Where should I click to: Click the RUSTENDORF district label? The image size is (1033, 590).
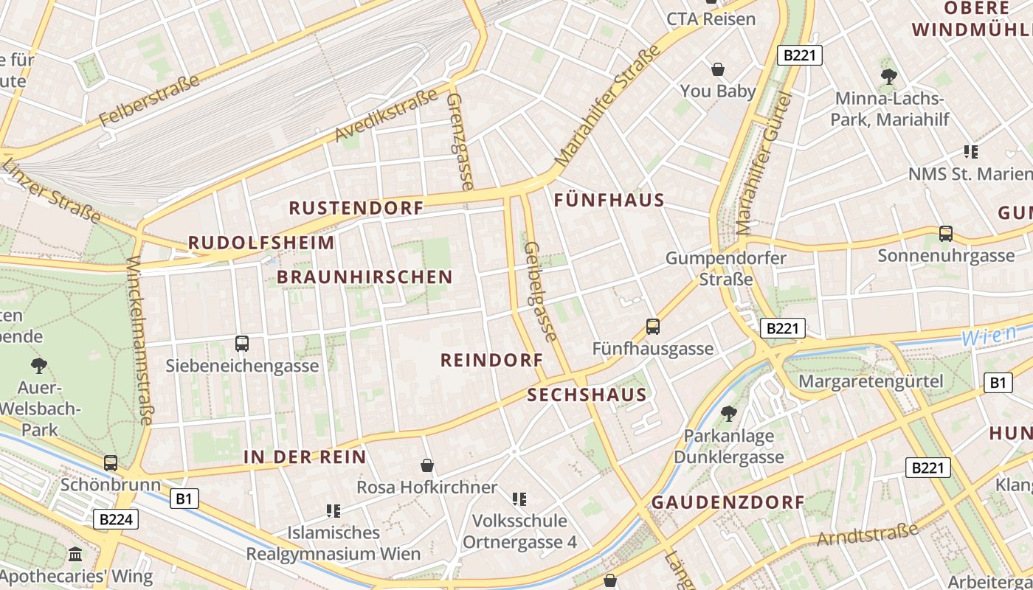pos(356,208)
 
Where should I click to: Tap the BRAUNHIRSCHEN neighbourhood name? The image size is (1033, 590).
pos(365,277)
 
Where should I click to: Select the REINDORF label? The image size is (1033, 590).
pos(491,360)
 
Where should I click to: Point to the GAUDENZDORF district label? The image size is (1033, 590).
pos(728,502)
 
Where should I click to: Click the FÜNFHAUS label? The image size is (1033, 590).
pos(609,200)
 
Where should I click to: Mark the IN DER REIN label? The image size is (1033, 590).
pos(305,457)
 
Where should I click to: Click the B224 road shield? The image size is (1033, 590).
pos(116,519)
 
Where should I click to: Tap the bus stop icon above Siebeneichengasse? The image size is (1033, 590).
pos(242,343)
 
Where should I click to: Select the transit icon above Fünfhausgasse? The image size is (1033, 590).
pos(653,326)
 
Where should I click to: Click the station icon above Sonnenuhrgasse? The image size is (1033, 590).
pos(946,234)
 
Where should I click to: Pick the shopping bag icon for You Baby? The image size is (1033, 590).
pos(717,70)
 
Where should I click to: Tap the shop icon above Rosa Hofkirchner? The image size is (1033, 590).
pos(426,465)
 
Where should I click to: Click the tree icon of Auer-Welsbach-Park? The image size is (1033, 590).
pos(38,365)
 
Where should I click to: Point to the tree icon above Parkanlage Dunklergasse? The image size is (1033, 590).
pos(728,413)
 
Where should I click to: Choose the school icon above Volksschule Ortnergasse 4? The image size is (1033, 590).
pos(519,499)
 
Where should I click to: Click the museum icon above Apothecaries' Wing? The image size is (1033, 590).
pos(75,555)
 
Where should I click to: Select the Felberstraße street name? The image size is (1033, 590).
pos(150,100)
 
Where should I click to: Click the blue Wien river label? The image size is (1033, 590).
pos(989,336)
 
